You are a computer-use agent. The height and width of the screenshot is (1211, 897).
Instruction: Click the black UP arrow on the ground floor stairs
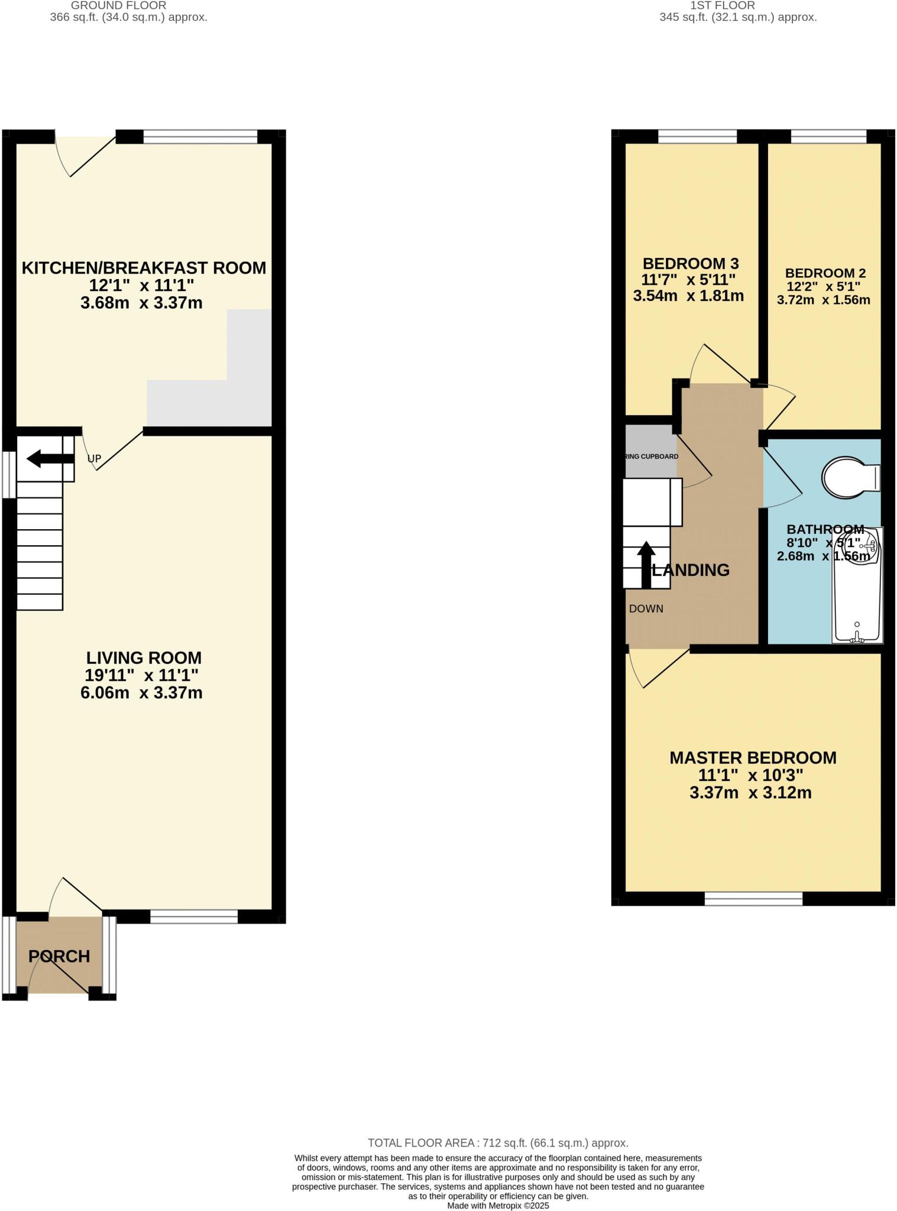50,458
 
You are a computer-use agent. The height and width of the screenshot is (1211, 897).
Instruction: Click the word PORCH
59,956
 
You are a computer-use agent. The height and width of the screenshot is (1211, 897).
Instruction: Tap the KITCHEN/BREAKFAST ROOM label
144,268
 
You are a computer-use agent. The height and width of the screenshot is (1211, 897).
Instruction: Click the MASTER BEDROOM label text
752,757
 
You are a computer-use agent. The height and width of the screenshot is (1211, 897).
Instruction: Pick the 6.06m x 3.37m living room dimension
141,692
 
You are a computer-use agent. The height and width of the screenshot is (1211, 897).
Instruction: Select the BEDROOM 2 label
825,273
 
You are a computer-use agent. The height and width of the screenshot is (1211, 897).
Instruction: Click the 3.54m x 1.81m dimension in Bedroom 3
688,296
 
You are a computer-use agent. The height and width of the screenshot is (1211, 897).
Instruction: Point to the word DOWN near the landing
646,608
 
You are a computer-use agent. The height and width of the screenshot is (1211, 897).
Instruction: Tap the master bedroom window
753,899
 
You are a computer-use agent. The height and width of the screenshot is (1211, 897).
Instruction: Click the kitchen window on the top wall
200,137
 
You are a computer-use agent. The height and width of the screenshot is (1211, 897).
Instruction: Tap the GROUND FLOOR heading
118,5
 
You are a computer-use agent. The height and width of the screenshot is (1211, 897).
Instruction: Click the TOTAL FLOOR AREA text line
498,1143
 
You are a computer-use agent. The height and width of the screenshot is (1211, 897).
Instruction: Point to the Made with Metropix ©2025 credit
498,1205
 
